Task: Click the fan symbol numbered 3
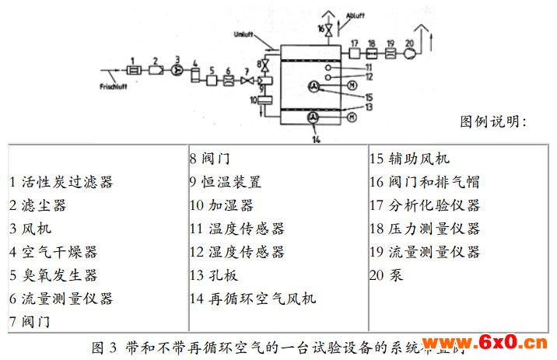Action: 177,68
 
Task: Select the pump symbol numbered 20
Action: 409,54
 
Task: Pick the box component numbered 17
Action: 354,54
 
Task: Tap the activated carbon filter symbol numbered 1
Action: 133,69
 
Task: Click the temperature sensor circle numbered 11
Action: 328,67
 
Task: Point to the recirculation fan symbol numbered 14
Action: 314,117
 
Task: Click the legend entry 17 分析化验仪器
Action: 424,205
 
